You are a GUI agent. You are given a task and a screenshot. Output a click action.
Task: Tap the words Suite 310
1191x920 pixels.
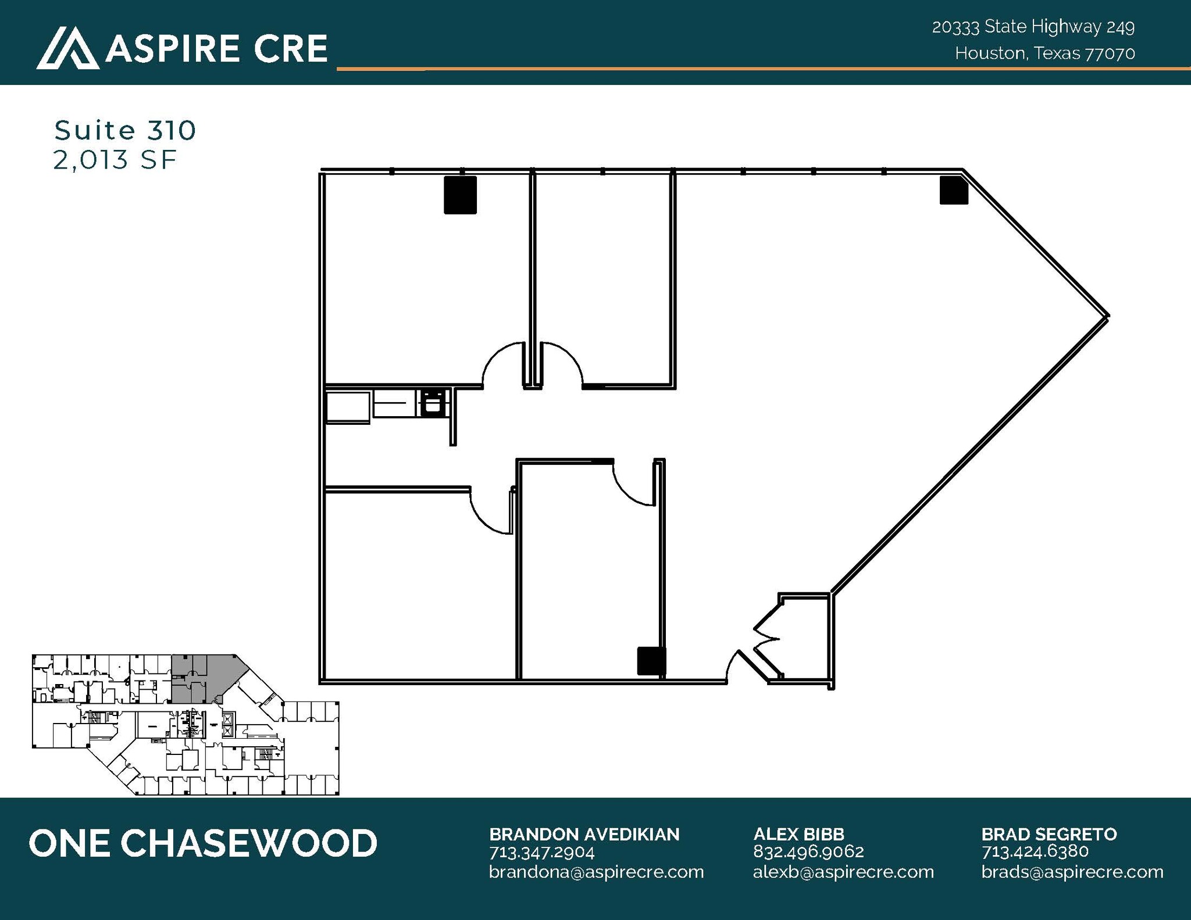pyautogui.click(x=125, y=130)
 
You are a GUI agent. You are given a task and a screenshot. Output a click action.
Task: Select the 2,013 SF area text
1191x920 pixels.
pyautogui.click(x=115, y=160)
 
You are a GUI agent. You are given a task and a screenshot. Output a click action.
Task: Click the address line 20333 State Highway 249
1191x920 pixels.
pyautogui.click(x=1033, y=27)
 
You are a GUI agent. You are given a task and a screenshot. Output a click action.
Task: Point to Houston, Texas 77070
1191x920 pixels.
pyautogui.click(x=1044, y=53)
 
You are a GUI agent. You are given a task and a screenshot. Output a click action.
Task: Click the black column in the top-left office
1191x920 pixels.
pyautogui.click(x=460, y=195)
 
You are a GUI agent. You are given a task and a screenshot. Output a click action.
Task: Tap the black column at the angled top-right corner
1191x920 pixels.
pyautogui.click(x=954, y=191)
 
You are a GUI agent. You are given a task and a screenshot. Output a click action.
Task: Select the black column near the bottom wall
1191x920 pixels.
pyautogui.click(x=651, y=661)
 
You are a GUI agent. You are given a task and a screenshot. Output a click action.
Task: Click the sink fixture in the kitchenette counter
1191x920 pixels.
pyautogui.click(x=432, y=403)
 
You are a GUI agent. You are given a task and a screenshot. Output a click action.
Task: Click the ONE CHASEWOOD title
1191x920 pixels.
pyautogui.click(x=203, y=843)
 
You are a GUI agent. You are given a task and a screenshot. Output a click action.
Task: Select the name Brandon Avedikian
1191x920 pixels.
pyautogui.click(x=584, y=835)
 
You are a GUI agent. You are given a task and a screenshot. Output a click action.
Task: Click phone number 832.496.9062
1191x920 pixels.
pyautogui.click(x=808, y=851)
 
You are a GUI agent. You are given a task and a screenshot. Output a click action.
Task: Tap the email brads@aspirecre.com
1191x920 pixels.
pyautogui.click(x=1072, y=872)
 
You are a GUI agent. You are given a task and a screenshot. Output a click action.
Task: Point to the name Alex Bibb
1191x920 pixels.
pyautogui.click(x=798, y=835)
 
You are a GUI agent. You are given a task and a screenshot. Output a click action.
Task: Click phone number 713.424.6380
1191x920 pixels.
pyautogui.click(x=1035, y=851)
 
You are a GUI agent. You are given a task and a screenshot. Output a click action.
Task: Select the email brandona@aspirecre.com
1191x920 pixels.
pyautogui.click(x=596, y=872)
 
